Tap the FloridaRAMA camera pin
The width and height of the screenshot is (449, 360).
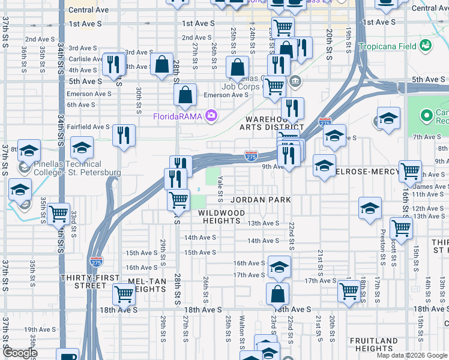point(211,116)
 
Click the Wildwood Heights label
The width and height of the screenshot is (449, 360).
point(221,217)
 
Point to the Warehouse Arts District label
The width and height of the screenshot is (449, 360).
point(272,122)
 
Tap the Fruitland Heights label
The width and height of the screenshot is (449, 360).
point(373,344)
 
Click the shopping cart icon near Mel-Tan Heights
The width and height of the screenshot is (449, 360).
point(124,294)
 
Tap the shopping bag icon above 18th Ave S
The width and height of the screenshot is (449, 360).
point(277,294)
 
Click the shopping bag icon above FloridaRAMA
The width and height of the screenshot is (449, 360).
point(185,94)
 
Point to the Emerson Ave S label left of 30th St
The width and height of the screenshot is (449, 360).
point(88,94)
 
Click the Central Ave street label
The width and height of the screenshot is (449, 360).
point(88,10)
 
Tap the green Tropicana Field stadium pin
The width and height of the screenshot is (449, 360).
point(426,44)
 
